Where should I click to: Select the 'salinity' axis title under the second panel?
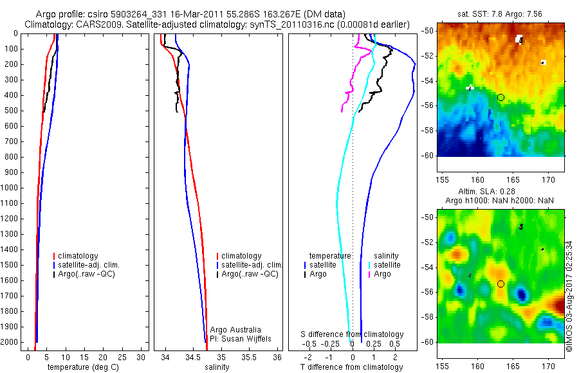pos(216,367)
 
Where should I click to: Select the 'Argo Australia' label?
pos(235,330)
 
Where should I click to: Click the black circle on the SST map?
pos(501,97)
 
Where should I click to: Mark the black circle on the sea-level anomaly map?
pos(501,284)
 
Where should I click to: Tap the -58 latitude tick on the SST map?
pos(427,131)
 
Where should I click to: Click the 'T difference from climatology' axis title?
pos(351,367)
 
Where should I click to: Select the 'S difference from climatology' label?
pos(352,334)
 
